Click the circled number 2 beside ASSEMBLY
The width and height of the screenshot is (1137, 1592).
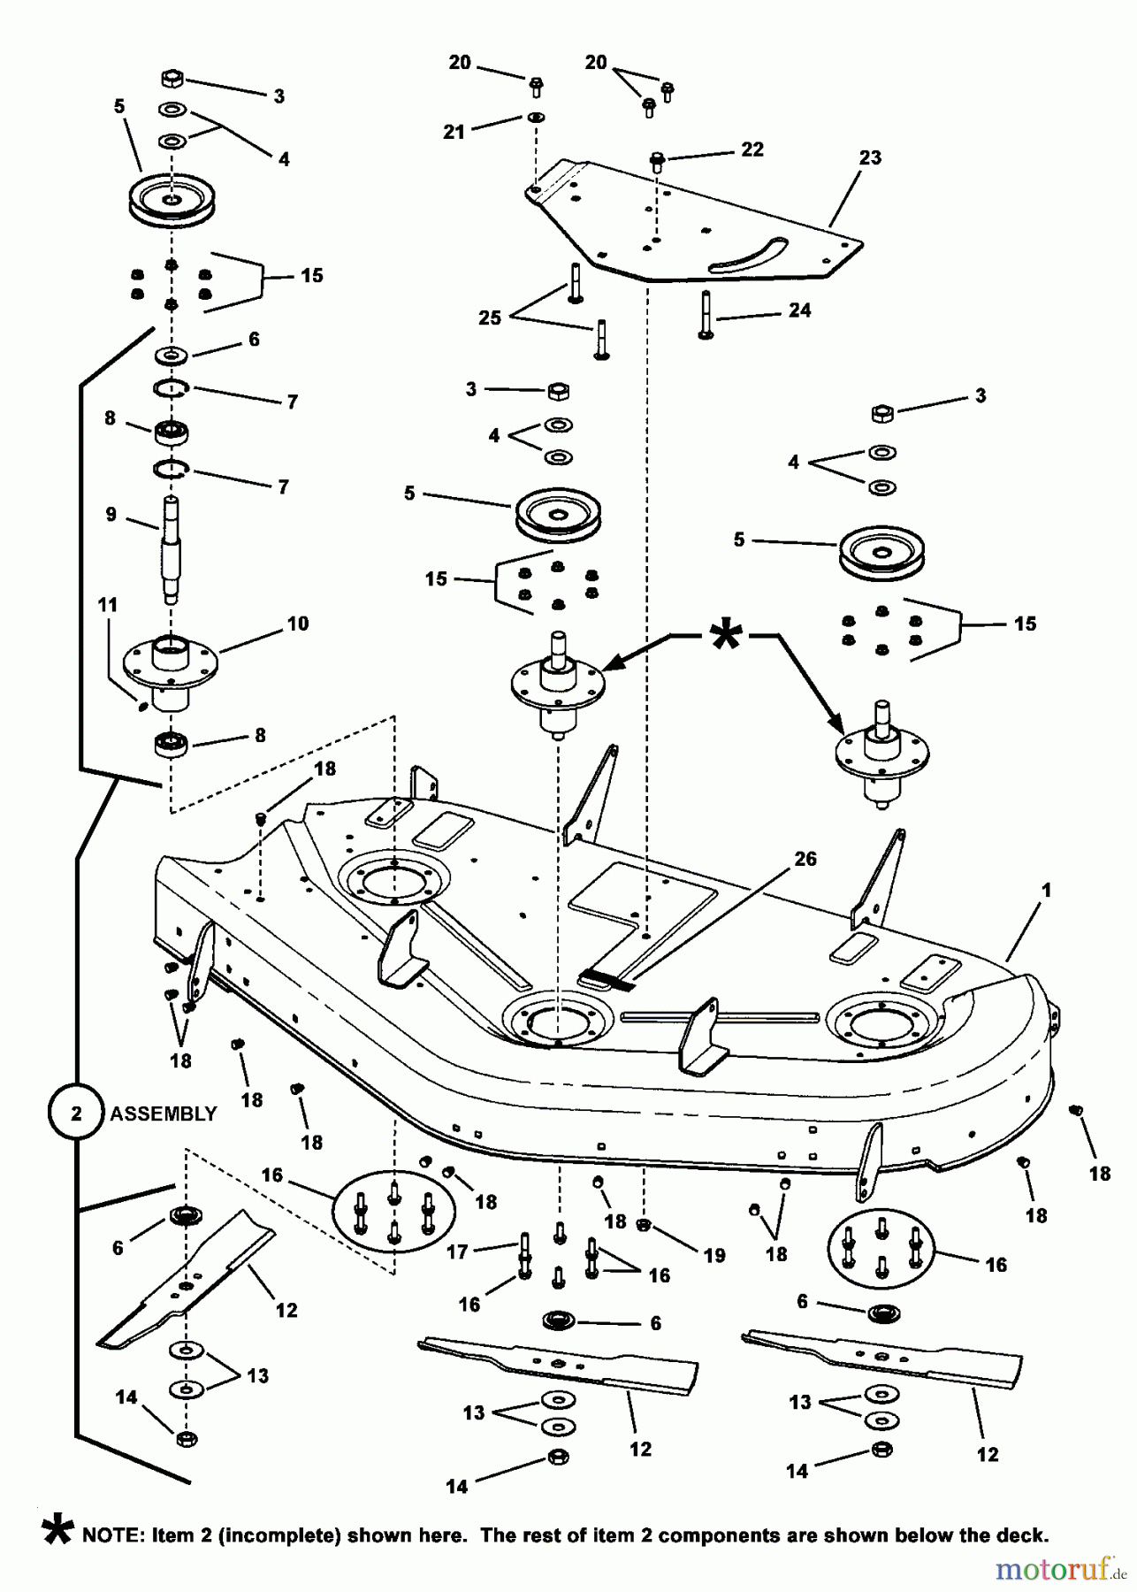[75, 1114]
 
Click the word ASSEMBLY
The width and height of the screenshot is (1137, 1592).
[163, 1114]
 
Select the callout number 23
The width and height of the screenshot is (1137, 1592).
[870, 158]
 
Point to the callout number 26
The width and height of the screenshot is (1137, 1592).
[805, 859]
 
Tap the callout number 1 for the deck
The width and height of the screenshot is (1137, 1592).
[1046, 891]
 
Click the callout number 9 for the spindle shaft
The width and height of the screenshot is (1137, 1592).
[111, 515]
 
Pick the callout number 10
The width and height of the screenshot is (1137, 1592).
[298, 624]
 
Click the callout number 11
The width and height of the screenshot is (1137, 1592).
[107, 605]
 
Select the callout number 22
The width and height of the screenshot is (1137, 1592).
[752, 149]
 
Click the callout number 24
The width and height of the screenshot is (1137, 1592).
[799, 310]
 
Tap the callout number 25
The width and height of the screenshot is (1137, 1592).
[490, 318]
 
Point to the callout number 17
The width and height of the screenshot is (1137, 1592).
[457, 1251]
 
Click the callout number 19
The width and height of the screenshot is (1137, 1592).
[713, 1255]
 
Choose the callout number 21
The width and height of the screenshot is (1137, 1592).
[454, 132]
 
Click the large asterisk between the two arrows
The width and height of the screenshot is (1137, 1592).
[724, 635]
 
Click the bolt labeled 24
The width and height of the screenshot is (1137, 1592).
[705, 315]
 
